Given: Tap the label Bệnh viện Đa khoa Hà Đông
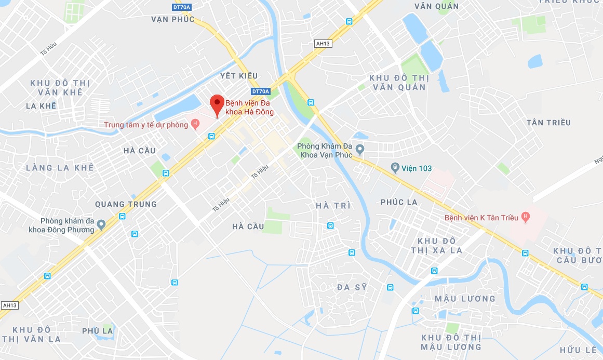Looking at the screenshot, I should click(249, 107).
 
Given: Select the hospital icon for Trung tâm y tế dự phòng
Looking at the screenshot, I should click(195, 124).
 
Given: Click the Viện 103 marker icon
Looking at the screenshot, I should click(395, 167).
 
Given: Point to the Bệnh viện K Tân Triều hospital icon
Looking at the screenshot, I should click(526, 216).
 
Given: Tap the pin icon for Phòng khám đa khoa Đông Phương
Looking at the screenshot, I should click(101, 224).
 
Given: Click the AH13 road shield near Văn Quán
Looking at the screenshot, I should click(323, 44).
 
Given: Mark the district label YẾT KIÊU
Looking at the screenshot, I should click(239, 76).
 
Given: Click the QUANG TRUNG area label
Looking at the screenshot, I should click(126, 204).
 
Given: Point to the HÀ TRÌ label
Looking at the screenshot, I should click(333, 206).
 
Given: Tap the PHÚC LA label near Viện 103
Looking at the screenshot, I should click(399, 202).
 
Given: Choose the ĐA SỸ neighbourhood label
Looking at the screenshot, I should click(352, 287).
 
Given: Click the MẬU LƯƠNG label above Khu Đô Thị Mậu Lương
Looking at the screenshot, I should click(465, 298).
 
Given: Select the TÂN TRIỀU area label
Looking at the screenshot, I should click(548, 123).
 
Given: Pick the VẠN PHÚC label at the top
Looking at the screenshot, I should click(173, 19).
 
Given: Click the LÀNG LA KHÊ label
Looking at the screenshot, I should click(60, 167).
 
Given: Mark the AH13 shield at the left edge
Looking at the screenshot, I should click(10, 305).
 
